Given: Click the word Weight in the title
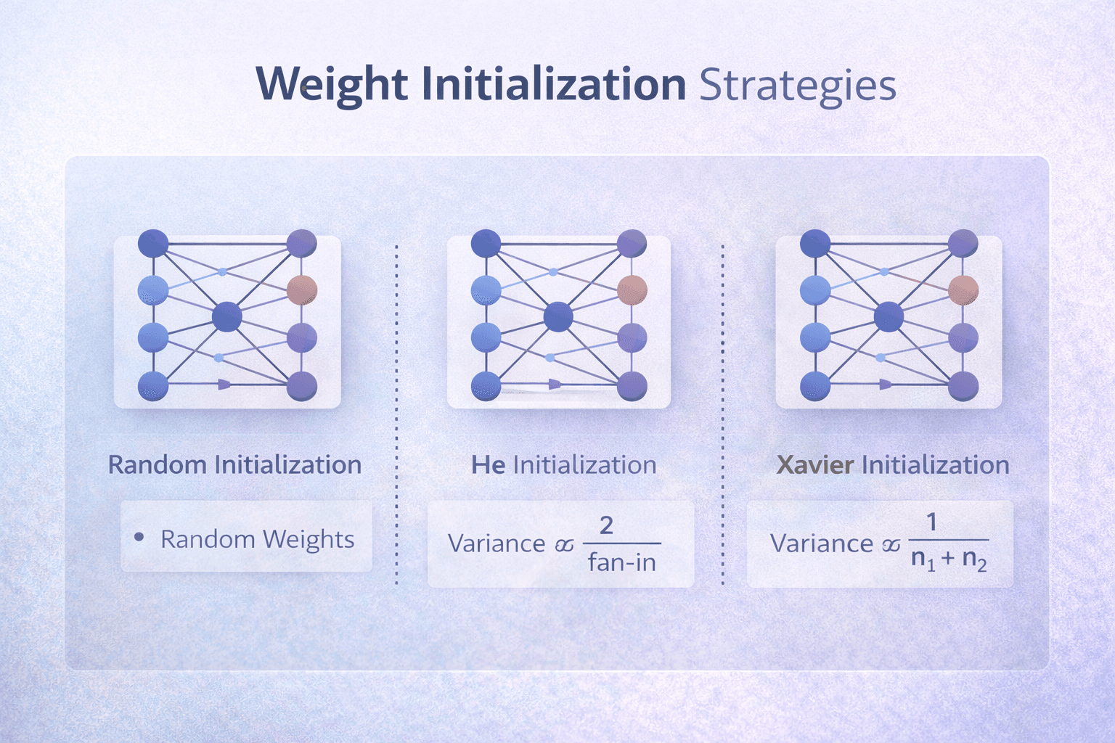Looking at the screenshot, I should (332, 84).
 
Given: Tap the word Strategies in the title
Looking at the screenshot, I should (797, 86).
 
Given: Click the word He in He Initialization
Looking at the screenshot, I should (488, 464).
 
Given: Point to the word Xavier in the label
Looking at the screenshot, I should (814, 464).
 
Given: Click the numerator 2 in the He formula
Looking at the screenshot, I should (606, 524).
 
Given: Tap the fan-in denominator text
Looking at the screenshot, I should (621, 562).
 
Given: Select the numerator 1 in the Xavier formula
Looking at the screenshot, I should (931, 521).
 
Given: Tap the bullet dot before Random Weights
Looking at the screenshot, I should (139, 538).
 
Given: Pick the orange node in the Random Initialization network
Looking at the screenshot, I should (301, 290).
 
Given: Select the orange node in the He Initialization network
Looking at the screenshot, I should (632, 290).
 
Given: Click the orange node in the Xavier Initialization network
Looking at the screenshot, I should (963, 290).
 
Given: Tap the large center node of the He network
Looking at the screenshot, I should (557, 317).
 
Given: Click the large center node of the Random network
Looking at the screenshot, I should (227, 317).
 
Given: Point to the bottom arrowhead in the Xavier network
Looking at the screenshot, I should (885, 385).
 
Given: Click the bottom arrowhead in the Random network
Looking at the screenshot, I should (224, 385).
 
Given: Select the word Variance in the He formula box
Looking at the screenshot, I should (497, 543).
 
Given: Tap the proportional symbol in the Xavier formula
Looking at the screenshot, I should (891, 545).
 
